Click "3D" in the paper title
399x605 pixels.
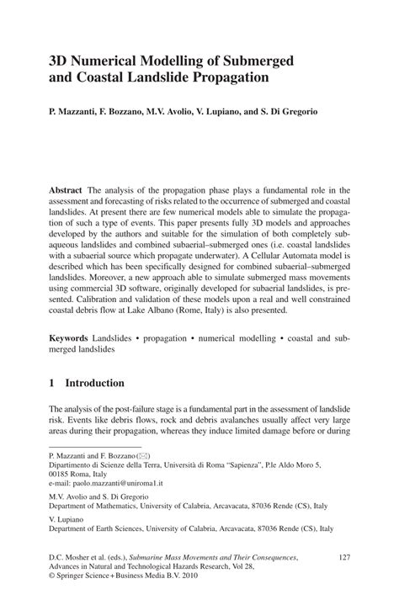[61, 60]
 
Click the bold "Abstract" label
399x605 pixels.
[66, 192]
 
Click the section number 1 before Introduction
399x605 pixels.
[52, 384]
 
